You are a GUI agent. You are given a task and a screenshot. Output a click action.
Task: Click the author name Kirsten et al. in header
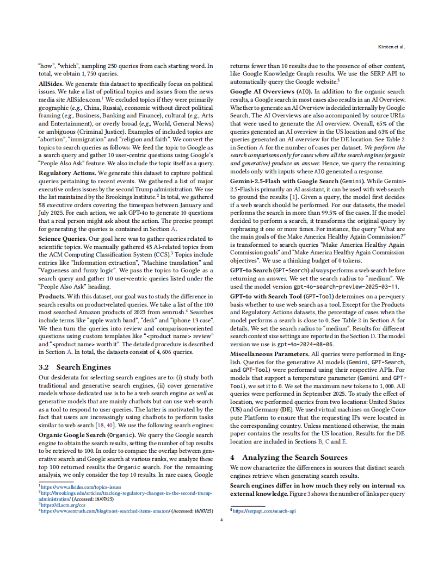click(x=391, y=47)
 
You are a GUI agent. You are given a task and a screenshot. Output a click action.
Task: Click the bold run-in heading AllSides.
click(x=50, y=84)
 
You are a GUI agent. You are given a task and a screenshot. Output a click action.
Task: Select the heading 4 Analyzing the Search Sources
click(x=288, y=457)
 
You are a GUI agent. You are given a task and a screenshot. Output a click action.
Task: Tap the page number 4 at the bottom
click(x=221, y=521)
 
